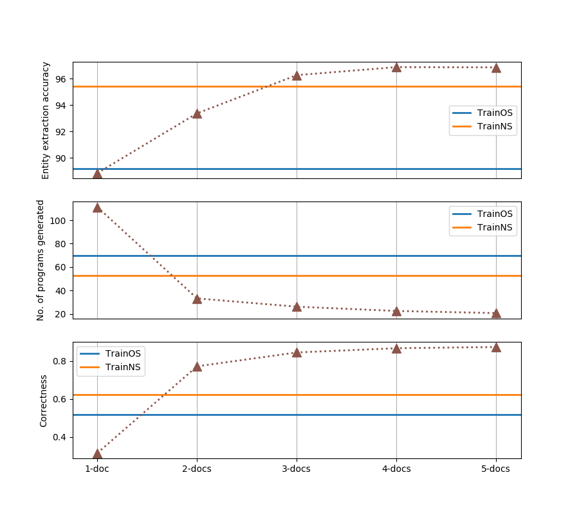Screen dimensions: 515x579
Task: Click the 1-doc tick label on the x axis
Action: (97, 469)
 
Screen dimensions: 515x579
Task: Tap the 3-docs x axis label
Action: (297, 469)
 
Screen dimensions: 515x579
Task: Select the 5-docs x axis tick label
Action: (496, 469)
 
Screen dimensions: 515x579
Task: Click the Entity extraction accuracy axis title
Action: (46, 120)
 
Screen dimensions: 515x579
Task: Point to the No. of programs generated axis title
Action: (41, 260)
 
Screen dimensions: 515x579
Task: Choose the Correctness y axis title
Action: (44, 400)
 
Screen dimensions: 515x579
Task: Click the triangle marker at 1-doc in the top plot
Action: (97, 173)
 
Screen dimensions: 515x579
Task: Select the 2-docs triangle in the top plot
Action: (197, 113)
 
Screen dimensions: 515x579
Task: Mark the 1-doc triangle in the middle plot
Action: (97, 207)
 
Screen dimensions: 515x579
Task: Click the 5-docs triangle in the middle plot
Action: (496, 313)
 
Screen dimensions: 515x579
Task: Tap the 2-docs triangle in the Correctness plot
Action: (197, 366)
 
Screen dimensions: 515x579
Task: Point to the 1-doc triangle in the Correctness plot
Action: (97, 453)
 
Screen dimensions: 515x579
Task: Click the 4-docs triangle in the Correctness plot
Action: (396, 348)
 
